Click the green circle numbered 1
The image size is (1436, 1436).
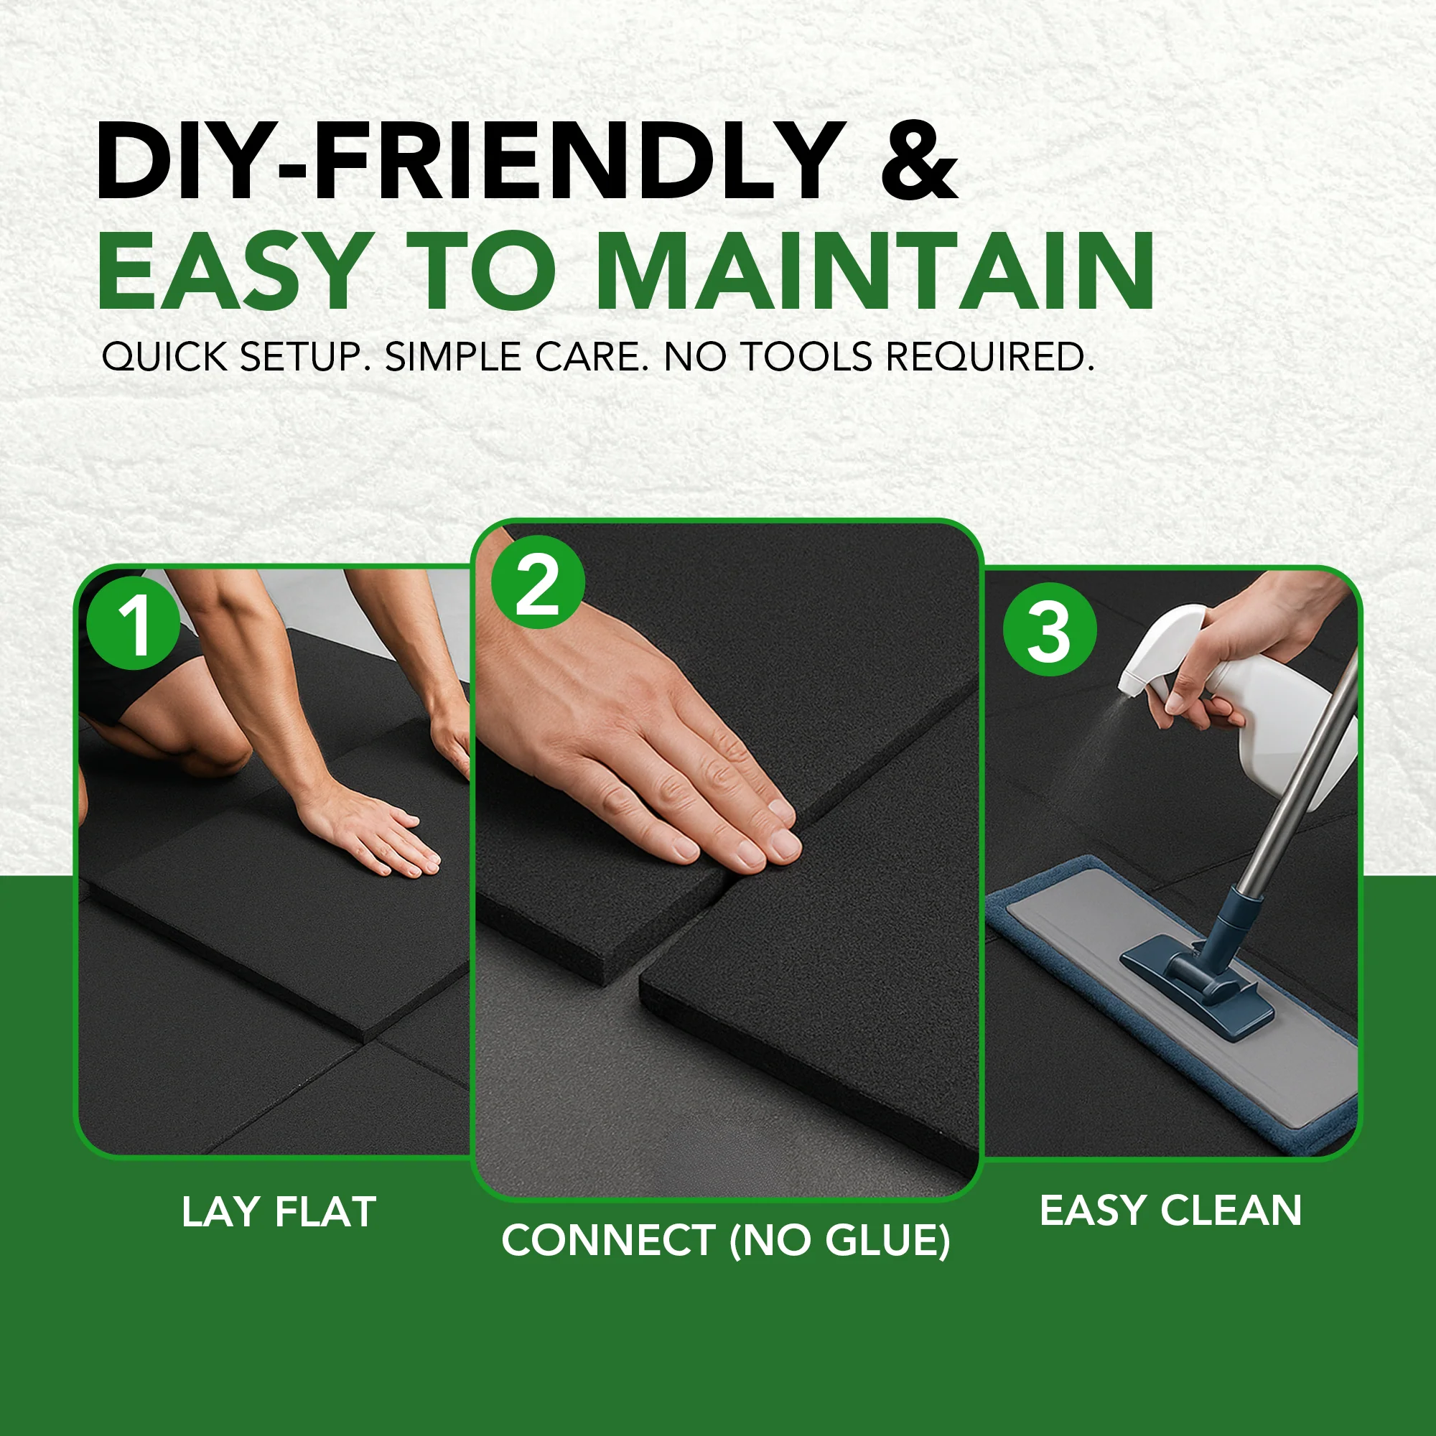[134, 623]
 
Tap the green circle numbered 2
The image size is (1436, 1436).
[537, 582]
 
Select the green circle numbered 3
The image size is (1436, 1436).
[1050, 629]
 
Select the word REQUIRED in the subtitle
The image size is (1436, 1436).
[990, 358]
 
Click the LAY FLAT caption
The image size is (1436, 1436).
[279, 1212]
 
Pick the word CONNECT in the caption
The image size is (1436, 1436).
[609, 1241]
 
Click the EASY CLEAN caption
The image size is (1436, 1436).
[1170, 1211]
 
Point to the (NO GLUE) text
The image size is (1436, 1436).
[840, 1241]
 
